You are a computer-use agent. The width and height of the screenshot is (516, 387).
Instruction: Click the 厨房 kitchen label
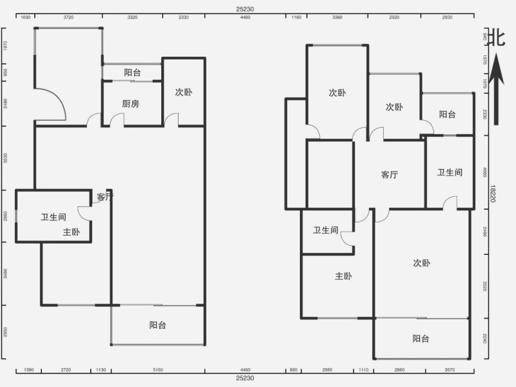131,103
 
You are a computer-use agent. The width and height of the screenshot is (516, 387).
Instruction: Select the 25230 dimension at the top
245,9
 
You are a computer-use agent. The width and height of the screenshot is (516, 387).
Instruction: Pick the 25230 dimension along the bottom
245,378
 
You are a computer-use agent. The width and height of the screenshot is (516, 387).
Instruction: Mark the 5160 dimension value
158,370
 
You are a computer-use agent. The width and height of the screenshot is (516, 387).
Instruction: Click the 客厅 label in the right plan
390,174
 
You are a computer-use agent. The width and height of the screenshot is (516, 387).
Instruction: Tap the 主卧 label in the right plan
343,276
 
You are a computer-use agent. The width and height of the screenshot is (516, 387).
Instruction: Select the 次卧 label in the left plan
183,92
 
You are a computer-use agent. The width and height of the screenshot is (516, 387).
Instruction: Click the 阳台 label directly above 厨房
133,73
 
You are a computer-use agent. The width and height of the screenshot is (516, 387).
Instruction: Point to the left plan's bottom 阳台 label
158,325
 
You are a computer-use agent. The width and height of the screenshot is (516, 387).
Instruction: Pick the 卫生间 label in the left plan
54,217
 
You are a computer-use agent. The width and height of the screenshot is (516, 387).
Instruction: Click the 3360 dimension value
337,18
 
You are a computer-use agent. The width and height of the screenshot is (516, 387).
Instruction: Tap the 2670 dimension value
450,370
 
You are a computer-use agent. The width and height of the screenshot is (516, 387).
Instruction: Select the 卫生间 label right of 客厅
450,172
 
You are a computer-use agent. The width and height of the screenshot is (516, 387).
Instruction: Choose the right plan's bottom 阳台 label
422,339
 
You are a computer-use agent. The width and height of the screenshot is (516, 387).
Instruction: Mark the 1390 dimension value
28,370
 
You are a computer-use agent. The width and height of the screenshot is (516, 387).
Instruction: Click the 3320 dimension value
132,18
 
